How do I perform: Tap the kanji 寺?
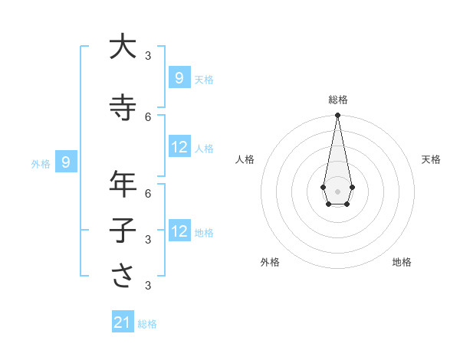pyautogui.click(x=123, y=107)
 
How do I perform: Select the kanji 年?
pyautogui.click(x=123, y=185)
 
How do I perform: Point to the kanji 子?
pyautogui.click(x=123, y=230)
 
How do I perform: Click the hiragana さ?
pyautogui.click(x=123, y=277)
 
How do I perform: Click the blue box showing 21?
pyautogui.click(x=123, y=323)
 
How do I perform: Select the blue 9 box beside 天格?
pyautogui.click(x=179, y=78)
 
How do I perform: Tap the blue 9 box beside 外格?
pyautogui.click(x=67, y=162)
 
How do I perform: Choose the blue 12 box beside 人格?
pyautogui.click(x=179, y=147)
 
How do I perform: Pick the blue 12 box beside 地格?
pyautogui.click(x=179, y=231)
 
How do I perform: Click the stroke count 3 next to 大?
pyautogui.click(x=148, y=55)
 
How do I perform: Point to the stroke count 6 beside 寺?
pyautogui.click(x=148, y=116)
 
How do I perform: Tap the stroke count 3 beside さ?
pyautogui.click(x=148, y=286)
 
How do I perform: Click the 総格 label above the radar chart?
pyautogui.click(x=337, y=100)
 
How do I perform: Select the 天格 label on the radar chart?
pyautogui.click(x=431, y=159)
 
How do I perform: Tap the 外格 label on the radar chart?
pyautogui.click(x=270, y=262)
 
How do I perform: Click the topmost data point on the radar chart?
pyautogui.click(x=337, y=116)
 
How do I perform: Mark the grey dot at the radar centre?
pyautogui.click(x=337, y=191)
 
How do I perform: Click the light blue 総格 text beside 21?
pyautogui.click(x=147, y=324)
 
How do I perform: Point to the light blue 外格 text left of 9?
pyautogui.click(x=41, y=163)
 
